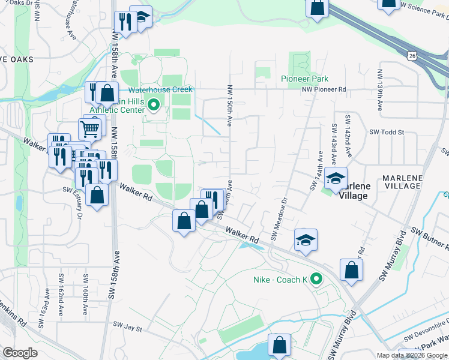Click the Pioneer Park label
(x=304, y=79)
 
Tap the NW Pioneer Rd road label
(x=324, y=89)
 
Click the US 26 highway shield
(x=411, y=56)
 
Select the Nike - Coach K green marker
(x=316, y=280)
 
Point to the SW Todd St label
(x=387, y=132)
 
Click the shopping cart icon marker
(x=89, y=128)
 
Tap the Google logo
(x=20, y=353)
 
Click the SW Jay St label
(x=127, y=328)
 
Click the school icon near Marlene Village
(x=336, y=178)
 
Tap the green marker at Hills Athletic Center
(x=153, y=106)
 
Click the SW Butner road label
(x=430, y=238)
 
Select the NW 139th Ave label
(x=380, y=91)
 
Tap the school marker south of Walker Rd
(x=306, y=240)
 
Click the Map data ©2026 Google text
(x=412, y=355)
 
